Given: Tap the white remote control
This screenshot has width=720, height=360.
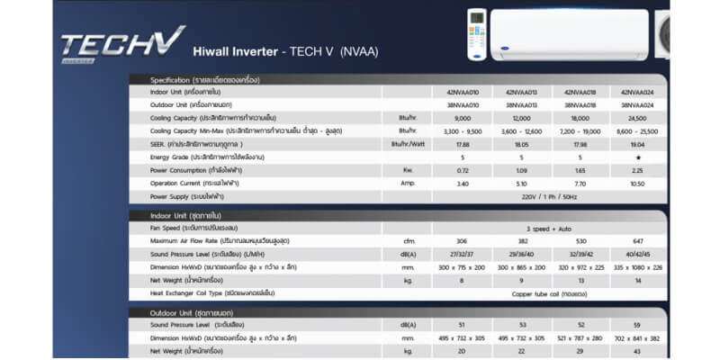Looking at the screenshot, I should pyautogui.click(x=476, y=34).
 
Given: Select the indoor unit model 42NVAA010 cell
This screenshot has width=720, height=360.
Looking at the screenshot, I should pyautogui.click(x=463, y=92).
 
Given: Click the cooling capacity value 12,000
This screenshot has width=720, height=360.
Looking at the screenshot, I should pyautogui.click(x=521, y=118).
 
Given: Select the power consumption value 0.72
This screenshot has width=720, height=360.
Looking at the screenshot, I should pyautogui.click(x=463, y=170).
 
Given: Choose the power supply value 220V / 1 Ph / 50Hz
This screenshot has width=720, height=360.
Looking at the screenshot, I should pyautogui.click(x=550, y=196).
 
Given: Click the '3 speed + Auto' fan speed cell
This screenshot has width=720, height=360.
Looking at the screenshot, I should pyautogui.click(x=550, y=229).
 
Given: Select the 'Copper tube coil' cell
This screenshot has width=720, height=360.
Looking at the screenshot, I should pyautogui.click(x=550, y=293).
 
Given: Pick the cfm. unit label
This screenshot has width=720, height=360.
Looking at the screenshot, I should pyautogui.click(x=409, y=241).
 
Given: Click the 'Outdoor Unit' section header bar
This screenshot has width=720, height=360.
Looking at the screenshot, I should pyautogui.click(x=396, y=312).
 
